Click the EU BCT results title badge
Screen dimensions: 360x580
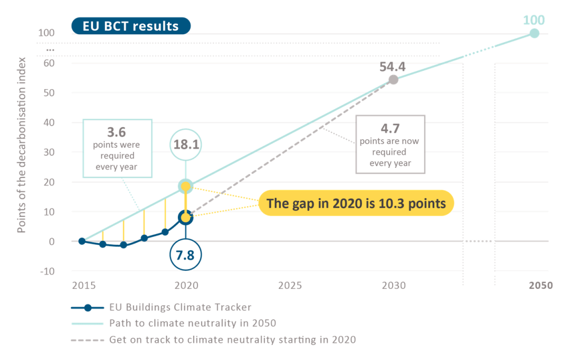click(130, 26)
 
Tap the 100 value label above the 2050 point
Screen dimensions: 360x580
click(534, 20)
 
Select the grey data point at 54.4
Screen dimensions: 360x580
click(393, 80)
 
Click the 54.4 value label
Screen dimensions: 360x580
click(393, 67)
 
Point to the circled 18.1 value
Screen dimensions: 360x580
click(186, 144)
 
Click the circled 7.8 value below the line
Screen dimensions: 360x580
click(186, 255)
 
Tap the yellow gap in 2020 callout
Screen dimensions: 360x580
click(356, 203)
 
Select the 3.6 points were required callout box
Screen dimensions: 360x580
click(117, 148)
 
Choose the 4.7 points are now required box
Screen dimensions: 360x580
click(390, 144)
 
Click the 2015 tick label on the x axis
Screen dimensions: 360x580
click(83, 286)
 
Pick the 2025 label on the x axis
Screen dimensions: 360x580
click(290, 286)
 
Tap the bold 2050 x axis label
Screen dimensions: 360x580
click(541, 286)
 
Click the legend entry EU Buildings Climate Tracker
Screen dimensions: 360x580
click(180, 307)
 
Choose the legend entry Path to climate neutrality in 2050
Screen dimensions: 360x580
click(193, 323)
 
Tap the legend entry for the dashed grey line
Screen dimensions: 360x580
click(232, 339)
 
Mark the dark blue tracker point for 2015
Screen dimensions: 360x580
click(82, 241)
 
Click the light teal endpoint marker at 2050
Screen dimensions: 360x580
click(534, 33)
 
